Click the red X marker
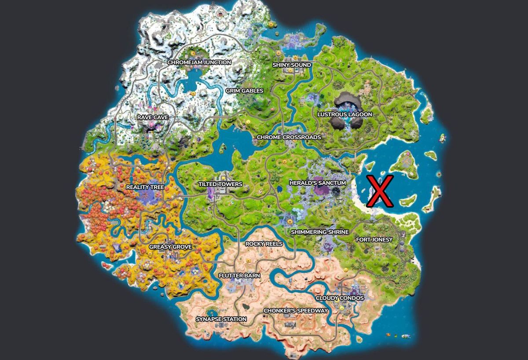point(380,191)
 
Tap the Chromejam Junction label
point(199,62)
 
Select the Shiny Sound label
point(292,65)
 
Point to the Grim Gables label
point(244,91)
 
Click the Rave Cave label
point(152,118)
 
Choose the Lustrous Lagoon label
point(345,114)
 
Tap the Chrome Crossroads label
point(289,137)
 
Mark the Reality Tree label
point(145,187)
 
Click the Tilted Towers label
point(220,184)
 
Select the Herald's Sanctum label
point(317,183)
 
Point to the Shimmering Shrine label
point(319,232)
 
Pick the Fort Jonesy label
point(374,239)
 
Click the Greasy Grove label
point(170,247)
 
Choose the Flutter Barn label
point(239,276)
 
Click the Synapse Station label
point(221,319)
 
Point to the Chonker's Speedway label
point(296,311)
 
